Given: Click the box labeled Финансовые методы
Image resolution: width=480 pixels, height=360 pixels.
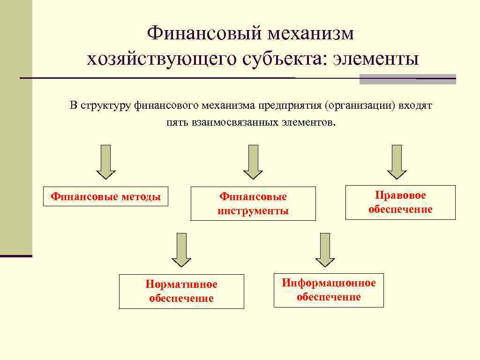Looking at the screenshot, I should [105, 197].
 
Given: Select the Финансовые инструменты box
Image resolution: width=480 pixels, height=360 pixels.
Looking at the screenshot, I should [253, 204].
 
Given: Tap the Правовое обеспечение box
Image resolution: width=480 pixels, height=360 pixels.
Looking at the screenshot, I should [400, 202].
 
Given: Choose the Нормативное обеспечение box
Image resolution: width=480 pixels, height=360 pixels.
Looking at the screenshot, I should [181, 292].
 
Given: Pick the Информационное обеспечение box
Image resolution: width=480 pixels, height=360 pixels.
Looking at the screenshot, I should [329, 290].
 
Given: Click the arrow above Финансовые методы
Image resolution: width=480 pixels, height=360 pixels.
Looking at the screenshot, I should [106, 162].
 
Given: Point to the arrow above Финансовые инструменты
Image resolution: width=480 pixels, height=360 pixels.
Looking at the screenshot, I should [253, 162].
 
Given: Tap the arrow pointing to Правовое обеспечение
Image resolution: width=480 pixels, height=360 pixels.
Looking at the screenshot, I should [397, 162].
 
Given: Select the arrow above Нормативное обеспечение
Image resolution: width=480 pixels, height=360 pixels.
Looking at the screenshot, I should [181, 250].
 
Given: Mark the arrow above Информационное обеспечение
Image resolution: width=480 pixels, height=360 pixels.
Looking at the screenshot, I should [325, 250].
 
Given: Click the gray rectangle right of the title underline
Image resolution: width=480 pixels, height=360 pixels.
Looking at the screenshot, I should [407, 79].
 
